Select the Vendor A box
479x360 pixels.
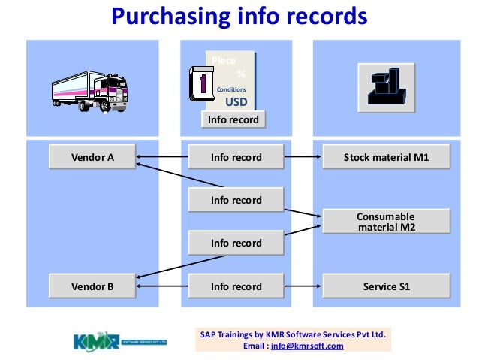pyautogui.click(x=92, y=157)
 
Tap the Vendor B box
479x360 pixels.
pyautogui.click(x=92, y=286)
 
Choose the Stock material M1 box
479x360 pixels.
pyautogui.click(x=386, y=157)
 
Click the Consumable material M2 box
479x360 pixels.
pyautogui.click(x=386, y=222)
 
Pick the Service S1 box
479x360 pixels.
pyautogui.click(x=386, y=286)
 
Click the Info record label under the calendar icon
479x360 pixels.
pyautogui.click(x=233, y=119)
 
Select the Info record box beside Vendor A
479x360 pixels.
pyautogui.click(x=236, y=157)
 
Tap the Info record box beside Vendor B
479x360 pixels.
pyautogui.click(x=236, y=286)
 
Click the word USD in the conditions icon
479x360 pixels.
pyautogui.click(x=236, y=103)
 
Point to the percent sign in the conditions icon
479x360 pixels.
pyautogui.click(x=241, y=74)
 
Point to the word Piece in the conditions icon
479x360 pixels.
pyautogui.click(x=223, y=60)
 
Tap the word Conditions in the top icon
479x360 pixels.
pyautogui.click(x=231, y=89)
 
